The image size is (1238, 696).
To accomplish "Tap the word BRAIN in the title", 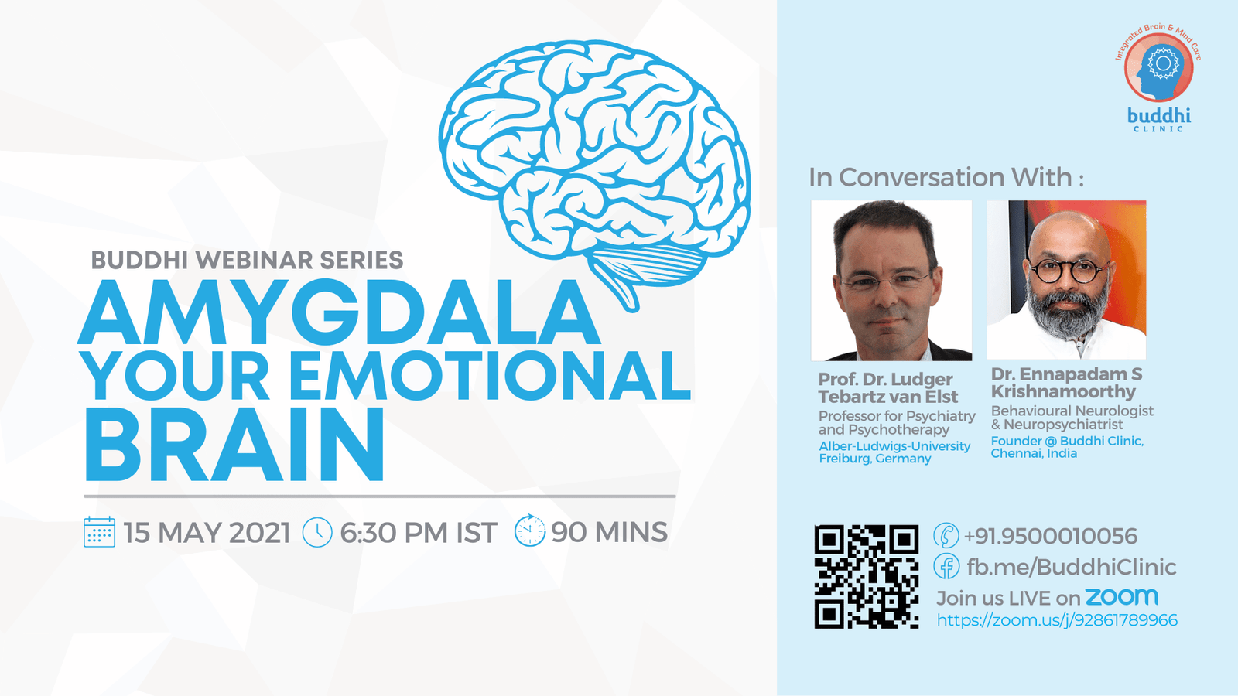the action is click(234, 445).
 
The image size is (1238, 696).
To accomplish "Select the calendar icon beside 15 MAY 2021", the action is click(100, 532).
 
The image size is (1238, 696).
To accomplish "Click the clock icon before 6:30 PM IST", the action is click(317, 533).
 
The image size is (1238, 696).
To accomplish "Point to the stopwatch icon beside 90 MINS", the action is click(530, 531).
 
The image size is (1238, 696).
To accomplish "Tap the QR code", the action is click(866, 576).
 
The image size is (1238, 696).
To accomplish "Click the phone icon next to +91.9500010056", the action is click(946, 535).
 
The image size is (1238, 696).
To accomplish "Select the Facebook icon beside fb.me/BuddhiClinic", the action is click(946, 566).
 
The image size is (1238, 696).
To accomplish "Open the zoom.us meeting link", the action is click(1057, 620).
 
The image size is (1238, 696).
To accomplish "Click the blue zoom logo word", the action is click(1121, 596).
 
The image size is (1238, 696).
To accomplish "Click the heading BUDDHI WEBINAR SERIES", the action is click(247, 260).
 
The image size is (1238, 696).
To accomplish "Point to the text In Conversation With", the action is click(946, 177).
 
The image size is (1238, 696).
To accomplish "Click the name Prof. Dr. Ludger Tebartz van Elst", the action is click(888, 387).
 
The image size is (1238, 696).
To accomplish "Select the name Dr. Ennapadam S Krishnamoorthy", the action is click(1066, 383).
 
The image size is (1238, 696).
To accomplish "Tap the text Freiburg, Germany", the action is click(875, 459).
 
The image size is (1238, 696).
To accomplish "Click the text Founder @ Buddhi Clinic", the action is click(1067, 441).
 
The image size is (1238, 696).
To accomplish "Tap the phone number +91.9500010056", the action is click(1050, 536).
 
